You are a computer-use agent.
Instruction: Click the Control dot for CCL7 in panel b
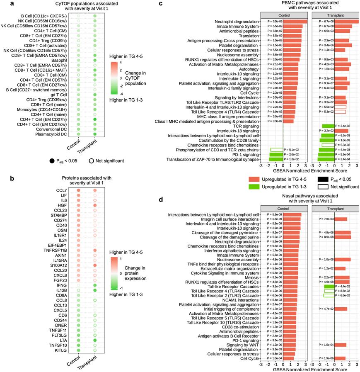pos(78,191)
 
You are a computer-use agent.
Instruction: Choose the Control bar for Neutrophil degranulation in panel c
pos(284,22)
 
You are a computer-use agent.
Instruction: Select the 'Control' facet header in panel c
pos(284,15)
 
